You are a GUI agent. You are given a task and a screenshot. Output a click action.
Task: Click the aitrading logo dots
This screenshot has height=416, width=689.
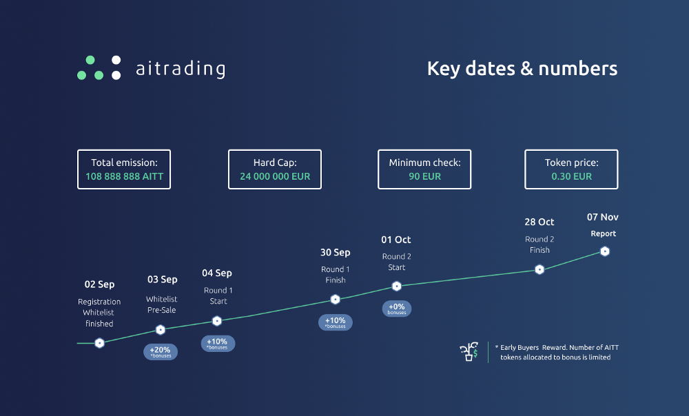[x=99, y=67]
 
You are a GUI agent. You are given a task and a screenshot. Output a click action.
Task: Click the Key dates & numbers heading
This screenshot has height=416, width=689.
[x=522, y=68]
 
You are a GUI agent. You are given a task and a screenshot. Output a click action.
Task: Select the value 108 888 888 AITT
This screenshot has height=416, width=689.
[x=124, y=176]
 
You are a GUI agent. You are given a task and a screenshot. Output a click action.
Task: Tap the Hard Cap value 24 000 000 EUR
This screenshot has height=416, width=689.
[x=275, y=176]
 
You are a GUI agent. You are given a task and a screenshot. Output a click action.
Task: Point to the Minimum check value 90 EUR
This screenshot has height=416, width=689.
[x=425, y=176]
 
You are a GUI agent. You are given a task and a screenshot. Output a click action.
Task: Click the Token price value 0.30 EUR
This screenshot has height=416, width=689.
[x=572, y=176]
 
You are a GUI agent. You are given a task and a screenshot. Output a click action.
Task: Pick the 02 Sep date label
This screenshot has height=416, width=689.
[x=99, y=284]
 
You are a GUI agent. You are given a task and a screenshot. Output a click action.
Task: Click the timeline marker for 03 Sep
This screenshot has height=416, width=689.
[x=161, y=329]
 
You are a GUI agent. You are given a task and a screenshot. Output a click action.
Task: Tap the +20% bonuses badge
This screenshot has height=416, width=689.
[x=161, y=352]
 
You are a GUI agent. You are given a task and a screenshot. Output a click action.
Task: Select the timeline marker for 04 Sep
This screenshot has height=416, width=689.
[x=216, y=321]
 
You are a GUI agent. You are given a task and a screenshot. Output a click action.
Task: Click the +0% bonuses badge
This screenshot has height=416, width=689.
[x=397, y=309]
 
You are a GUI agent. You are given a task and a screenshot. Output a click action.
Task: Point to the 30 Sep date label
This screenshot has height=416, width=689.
[x=336, y=253]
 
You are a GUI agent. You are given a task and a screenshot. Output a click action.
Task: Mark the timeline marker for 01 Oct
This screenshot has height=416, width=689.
[x=396, y=287]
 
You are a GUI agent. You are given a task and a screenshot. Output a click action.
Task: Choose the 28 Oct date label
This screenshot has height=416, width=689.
[x=539, y=222]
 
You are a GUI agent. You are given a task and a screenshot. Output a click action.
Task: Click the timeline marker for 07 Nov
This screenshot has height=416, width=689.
[x=605, y=251]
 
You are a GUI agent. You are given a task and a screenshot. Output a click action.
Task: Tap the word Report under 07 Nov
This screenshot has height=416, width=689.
[x=604, y=233]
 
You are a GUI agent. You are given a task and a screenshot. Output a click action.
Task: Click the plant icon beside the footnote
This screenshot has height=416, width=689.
[x=469, y=351]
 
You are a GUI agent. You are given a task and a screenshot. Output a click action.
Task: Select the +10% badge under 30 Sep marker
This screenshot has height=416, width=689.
[x=336, y=322]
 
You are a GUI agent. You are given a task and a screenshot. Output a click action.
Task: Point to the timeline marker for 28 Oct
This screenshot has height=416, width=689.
[x=539, y=270]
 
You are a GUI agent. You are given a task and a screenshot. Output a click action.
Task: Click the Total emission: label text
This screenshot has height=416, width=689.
[x=124, y=163]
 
